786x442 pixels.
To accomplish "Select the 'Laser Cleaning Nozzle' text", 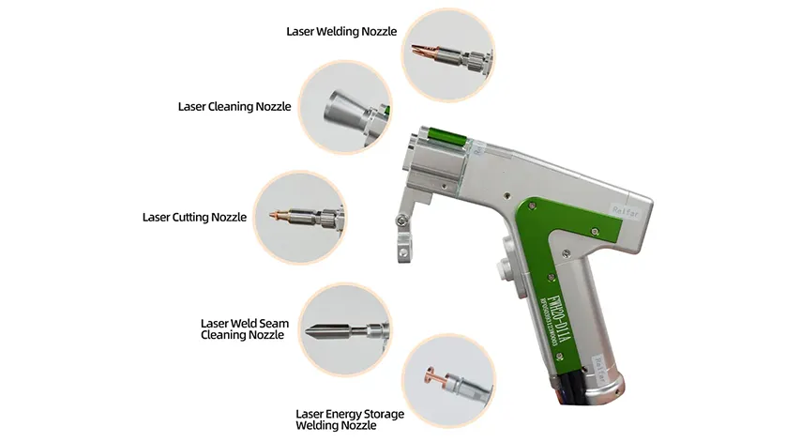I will click(x=234, y=107).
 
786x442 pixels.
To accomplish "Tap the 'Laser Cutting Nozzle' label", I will click(x=194, y=217).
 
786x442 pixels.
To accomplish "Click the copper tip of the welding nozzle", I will click(x=416, y=54).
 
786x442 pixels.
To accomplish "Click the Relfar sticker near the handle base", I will click(x=603, y=359).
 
